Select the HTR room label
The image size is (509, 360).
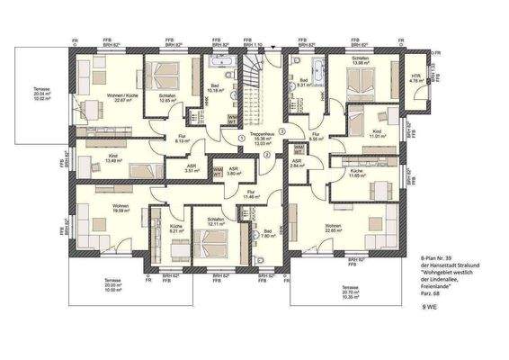pos(415,77)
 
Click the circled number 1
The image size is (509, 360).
pos(243,138)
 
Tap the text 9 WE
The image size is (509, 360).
pos(433,308)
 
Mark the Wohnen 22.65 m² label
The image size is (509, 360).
pos(334,228)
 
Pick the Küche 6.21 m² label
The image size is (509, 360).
pos(176,229)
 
